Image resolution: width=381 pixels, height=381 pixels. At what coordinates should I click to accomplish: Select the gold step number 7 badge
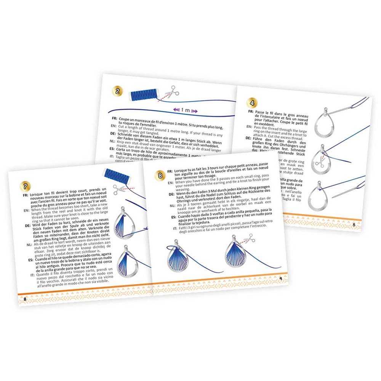(24, 186)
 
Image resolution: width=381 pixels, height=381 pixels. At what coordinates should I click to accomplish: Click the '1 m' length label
(184, 110)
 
